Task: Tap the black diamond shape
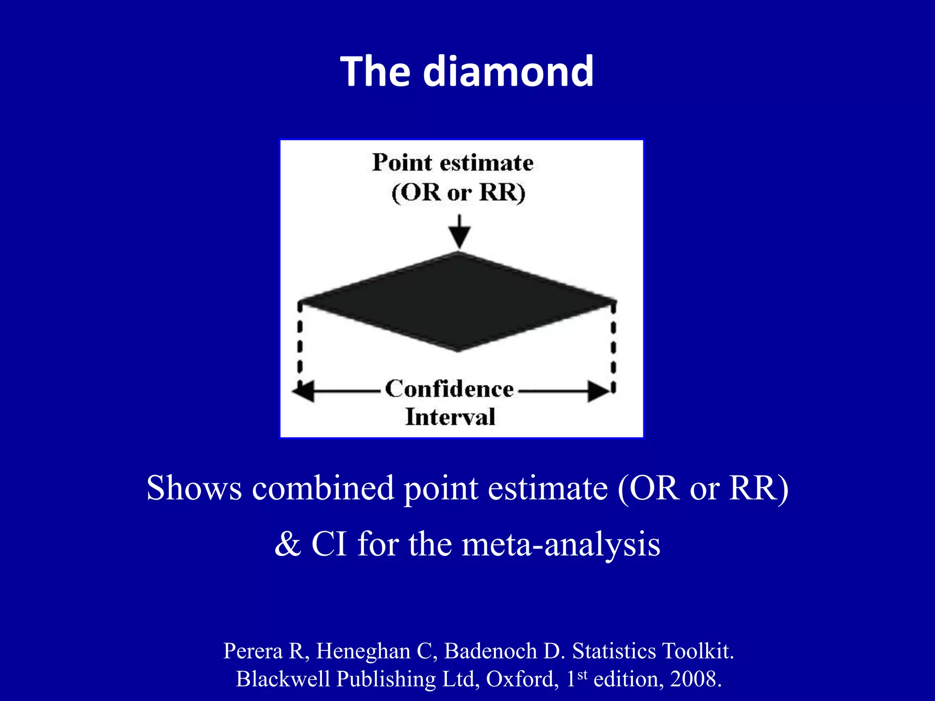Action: coord(458,302)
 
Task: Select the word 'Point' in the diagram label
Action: coord(402,162)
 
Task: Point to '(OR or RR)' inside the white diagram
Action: coord(458,192)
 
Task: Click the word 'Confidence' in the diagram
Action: coord(450,389)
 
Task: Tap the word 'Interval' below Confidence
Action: coord(450,417)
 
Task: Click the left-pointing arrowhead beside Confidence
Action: coord(304,391)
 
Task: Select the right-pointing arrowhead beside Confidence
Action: coord(598,391)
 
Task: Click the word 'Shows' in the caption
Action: coord(194,488)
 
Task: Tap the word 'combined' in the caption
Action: coord(323,488)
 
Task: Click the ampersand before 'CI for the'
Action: coord(288,544)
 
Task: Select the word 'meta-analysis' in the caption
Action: coord(561,544)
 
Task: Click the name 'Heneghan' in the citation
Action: coord(363,651)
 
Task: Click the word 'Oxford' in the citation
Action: coord(522,679)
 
